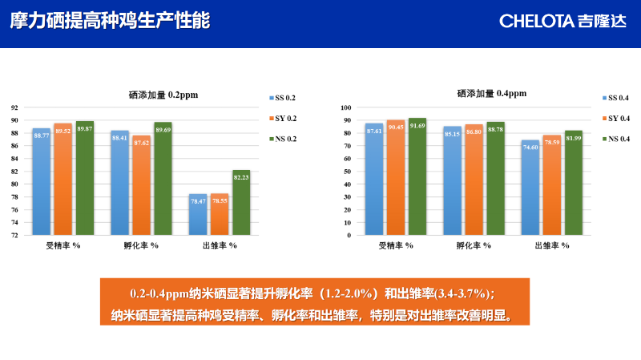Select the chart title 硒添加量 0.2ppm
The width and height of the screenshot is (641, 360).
tap(163, 94)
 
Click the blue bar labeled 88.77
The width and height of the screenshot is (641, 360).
tap(41, 181)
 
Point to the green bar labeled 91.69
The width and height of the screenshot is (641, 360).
tap(417, 176)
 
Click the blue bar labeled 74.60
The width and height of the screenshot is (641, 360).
tap(530, 188)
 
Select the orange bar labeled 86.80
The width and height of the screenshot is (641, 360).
tap(474, 180)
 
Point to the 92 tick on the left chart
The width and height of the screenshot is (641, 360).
tap(14, 107)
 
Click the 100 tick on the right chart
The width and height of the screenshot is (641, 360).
tap(346, 107)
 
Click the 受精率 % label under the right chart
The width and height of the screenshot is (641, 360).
tap(396, 245)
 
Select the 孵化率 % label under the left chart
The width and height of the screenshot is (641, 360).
tap(141, 245)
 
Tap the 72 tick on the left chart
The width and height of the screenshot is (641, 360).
tap(14, 236)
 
